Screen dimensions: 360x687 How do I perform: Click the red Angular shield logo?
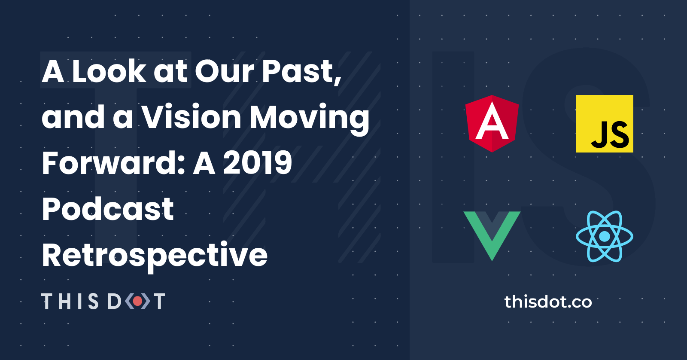492,123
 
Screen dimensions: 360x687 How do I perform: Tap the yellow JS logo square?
604,124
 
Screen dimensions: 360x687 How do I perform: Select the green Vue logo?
492,234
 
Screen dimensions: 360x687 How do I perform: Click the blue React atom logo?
604,236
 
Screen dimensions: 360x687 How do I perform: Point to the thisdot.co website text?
548,302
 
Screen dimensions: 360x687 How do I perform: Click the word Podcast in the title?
108,209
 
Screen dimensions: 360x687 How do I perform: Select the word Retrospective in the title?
155,255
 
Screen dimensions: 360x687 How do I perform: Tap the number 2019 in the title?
258,163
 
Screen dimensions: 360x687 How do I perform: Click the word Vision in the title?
192,117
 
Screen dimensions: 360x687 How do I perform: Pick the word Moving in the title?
309,118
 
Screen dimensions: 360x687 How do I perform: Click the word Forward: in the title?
113,163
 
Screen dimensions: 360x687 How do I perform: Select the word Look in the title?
109,71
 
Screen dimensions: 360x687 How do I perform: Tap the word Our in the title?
225,71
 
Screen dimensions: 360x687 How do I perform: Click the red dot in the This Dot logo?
137,301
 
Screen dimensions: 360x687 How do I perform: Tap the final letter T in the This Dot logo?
159,301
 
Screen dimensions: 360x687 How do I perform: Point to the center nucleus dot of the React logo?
604,236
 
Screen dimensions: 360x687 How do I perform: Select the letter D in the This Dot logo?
114,301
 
